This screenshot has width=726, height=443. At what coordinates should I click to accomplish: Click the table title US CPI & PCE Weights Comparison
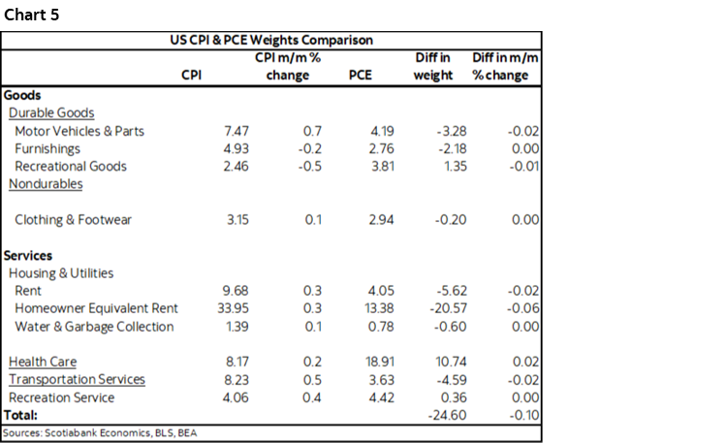271,41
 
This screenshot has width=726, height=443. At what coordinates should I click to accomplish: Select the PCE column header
360,76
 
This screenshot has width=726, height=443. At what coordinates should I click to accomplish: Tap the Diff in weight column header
433,67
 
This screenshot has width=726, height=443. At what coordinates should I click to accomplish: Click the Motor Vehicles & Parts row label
79,131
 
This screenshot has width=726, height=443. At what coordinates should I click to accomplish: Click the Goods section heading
22,95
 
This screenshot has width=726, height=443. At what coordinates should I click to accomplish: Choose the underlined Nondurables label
46,184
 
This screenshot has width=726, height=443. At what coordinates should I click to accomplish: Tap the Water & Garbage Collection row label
94,327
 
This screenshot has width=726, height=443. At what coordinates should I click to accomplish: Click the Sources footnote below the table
100,432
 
